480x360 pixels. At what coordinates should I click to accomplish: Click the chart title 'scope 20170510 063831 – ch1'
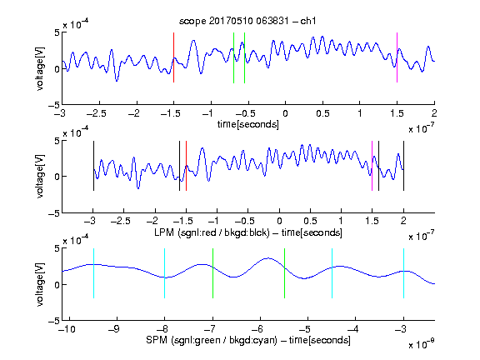coord(247,21)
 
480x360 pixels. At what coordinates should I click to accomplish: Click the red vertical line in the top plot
coord(173,57)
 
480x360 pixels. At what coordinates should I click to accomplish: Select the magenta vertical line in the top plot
coord(397,57)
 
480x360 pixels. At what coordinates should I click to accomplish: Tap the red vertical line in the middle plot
coord(186,166)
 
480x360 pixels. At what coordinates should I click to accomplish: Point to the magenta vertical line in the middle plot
coord(372,166)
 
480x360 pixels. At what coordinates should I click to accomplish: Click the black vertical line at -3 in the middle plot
coord(93,166)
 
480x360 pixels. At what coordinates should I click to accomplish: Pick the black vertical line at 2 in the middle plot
coord(403,166)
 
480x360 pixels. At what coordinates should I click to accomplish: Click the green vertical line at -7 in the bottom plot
coord(212,273)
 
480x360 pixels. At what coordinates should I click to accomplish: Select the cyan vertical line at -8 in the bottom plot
coord(164,273)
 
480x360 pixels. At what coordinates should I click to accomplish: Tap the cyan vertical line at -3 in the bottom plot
coord(403,273)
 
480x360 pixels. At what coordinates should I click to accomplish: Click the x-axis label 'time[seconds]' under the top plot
coord(248,124)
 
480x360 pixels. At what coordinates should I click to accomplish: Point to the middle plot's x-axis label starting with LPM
coord(248,232)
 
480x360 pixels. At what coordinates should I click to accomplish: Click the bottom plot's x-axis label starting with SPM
coord(248,340)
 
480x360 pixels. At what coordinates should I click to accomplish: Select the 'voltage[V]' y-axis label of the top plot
coord(40,68)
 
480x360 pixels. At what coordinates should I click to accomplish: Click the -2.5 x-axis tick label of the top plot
coord(96,113)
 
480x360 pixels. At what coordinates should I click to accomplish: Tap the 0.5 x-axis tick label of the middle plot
coord(310,221)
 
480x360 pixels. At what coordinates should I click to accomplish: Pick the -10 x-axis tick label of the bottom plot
coord(68,329)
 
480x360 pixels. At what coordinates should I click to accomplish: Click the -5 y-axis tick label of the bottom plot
coord(54,321)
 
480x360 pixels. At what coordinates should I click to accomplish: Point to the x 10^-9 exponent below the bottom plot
coord(421,344)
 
